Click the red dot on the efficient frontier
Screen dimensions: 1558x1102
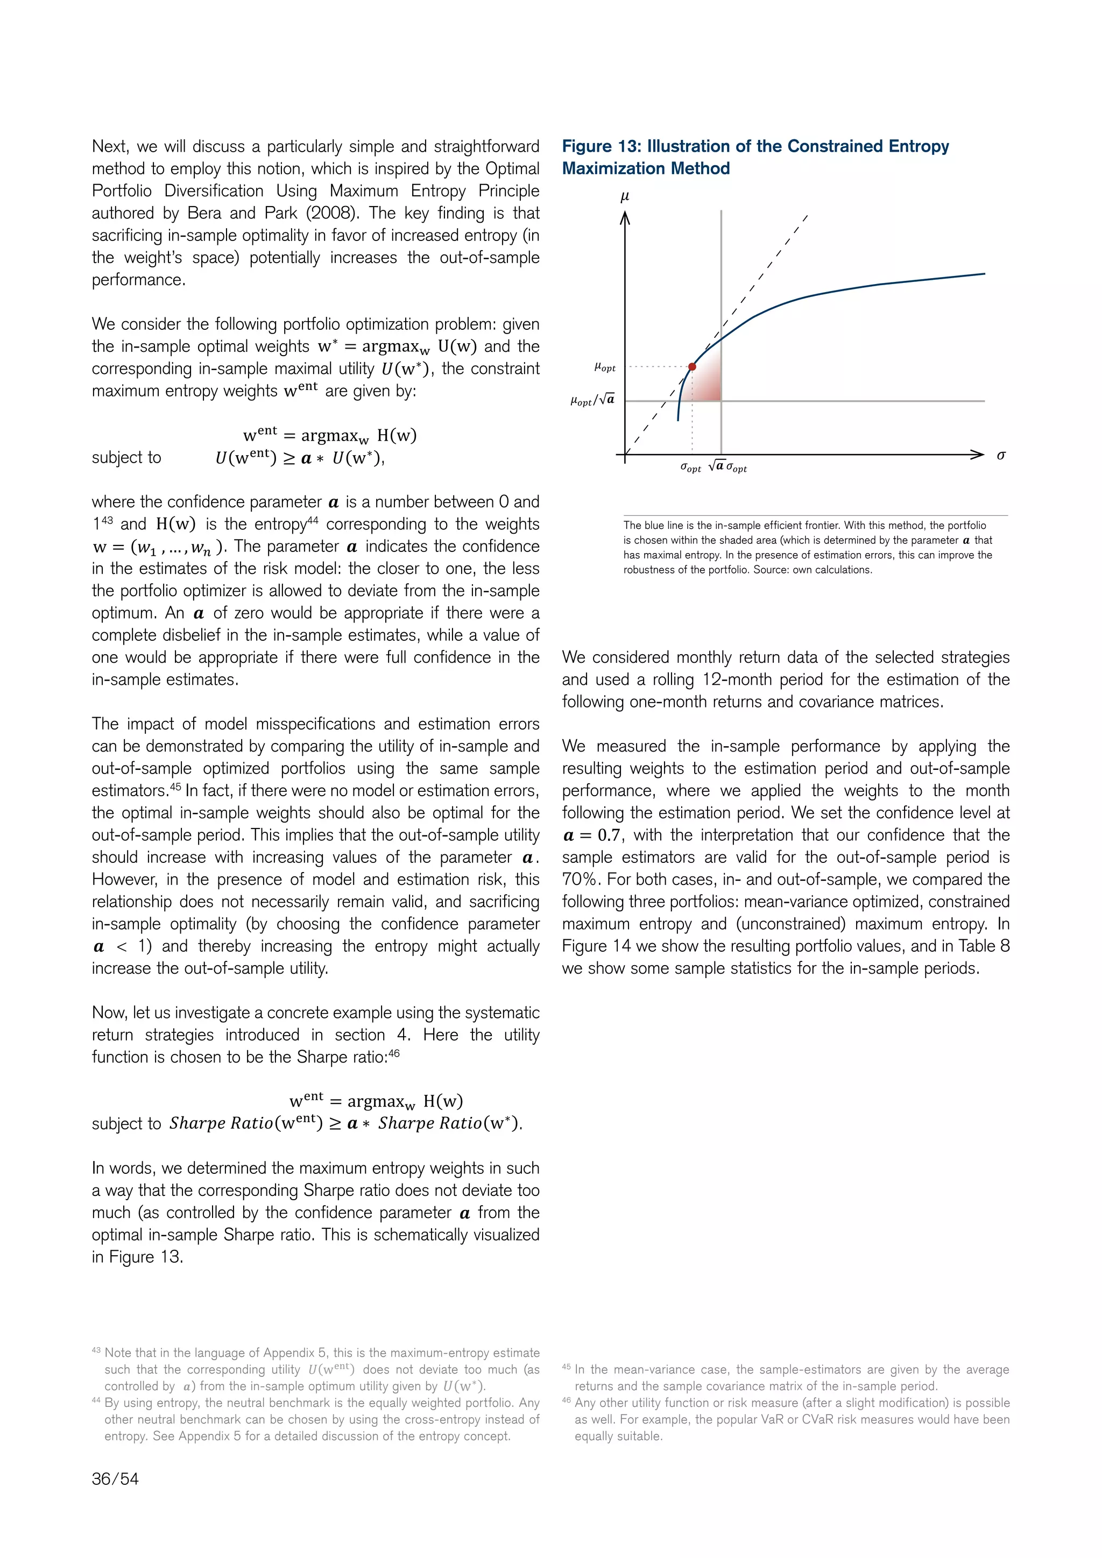(691, 366)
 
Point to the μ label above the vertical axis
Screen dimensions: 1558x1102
(625, 196)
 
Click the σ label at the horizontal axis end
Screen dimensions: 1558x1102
(1001, 455)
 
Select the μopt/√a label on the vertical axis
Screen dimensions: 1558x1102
(592, 400)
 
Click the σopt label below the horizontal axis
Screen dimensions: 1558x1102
(691, 468)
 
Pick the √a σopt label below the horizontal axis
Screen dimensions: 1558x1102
(727, 467)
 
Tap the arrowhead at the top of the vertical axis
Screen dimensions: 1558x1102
(625, 217)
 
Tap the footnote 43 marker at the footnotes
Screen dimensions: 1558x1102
(96, 1350)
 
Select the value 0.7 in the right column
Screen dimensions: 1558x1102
(609, 835)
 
